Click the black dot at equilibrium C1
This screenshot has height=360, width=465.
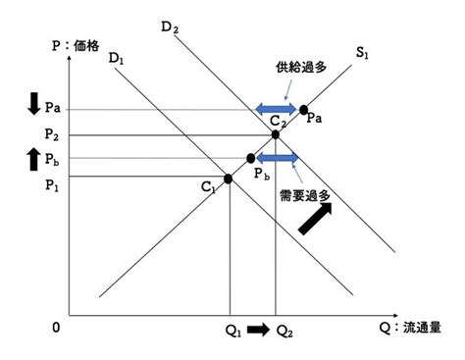pos(228,179)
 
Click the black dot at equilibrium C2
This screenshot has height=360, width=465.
pos(276,134)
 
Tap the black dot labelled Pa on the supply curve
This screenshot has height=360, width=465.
pos(304,110)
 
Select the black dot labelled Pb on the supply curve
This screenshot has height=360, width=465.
pos(251,158)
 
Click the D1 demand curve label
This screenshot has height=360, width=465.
pos(117,59)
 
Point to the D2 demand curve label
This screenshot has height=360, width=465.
pos(170,27)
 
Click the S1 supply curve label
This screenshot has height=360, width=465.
pos(362,53)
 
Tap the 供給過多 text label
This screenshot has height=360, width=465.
pos(301,68)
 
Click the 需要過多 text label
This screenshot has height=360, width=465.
pos(305,196)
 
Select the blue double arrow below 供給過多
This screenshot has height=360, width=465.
pos(276,109)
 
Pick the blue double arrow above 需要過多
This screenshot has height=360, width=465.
pos(278,158)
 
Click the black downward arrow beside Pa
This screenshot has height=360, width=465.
pos(33,104)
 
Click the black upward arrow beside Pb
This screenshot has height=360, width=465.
pos(33,159)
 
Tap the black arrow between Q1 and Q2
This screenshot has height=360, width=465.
pos(258,330)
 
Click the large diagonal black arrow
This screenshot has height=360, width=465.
pos(315,219)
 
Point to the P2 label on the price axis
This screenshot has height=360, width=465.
pos(52,134)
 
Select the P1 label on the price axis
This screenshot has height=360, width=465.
pos(52,185)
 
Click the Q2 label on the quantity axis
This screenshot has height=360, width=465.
pos(284,332)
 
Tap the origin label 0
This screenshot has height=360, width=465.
pos(56,328)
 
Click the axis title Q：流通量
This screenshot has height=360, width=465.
pos(410,328)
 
